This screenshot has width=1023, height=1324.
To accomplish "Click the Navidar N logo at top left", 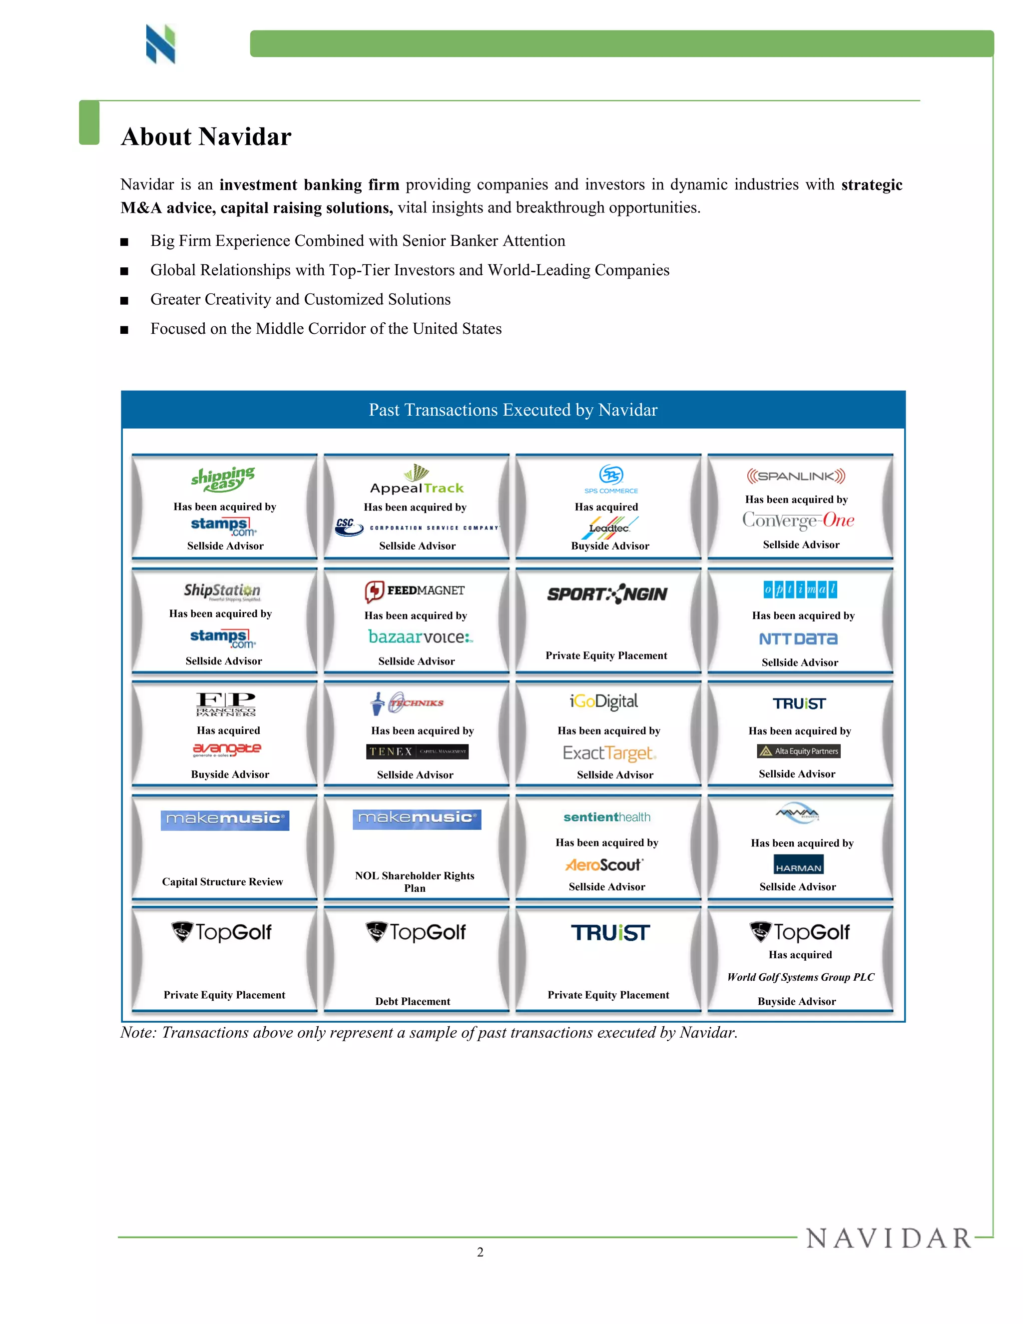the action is [161, 44].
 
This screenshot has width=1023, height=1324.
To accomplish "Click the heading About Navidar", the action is [206, 137].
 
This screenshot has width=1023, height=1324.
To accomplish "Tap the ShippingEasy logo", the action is [223, 480].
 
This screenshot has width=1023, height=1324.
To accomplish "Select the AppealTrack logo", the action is [417, 480].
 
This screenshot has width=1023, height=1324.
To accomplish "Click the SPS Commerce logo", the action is [611, 479].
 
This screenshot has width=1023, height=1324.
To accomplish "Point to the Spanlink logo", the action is [796, 476].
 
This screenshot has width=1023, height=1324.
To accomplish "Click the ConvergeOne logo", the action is [798, 520].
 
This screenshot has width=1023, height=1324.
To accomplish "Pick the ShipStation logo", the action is [222, 591].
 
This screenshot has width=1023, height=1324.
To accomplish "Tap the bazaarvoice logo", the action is [421, 637].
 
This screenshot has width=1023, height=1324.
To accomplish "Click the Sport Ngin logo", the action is [607, 594].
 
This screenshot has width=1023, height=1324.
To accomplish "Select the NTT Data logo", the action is [798, 639].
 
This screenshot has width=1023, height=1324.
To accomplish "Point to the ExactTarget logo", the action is [609, 753].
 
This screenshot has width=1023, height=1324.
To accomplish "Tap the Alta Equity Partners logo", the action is [799, 751].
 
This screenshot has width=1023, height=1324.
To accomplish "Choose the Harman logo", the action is [798, 864].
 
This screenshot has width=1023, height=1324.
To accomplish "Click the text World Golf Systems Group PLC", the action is [801, 977].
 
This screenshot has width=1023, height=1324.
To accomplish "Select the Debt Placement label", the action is [413, 1001].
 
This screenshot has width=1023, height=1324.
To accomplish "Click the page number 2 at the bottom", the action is [480, 1252].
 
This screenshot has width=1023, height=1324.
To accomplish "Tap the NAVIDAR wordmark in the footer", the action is [889, 1239].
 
